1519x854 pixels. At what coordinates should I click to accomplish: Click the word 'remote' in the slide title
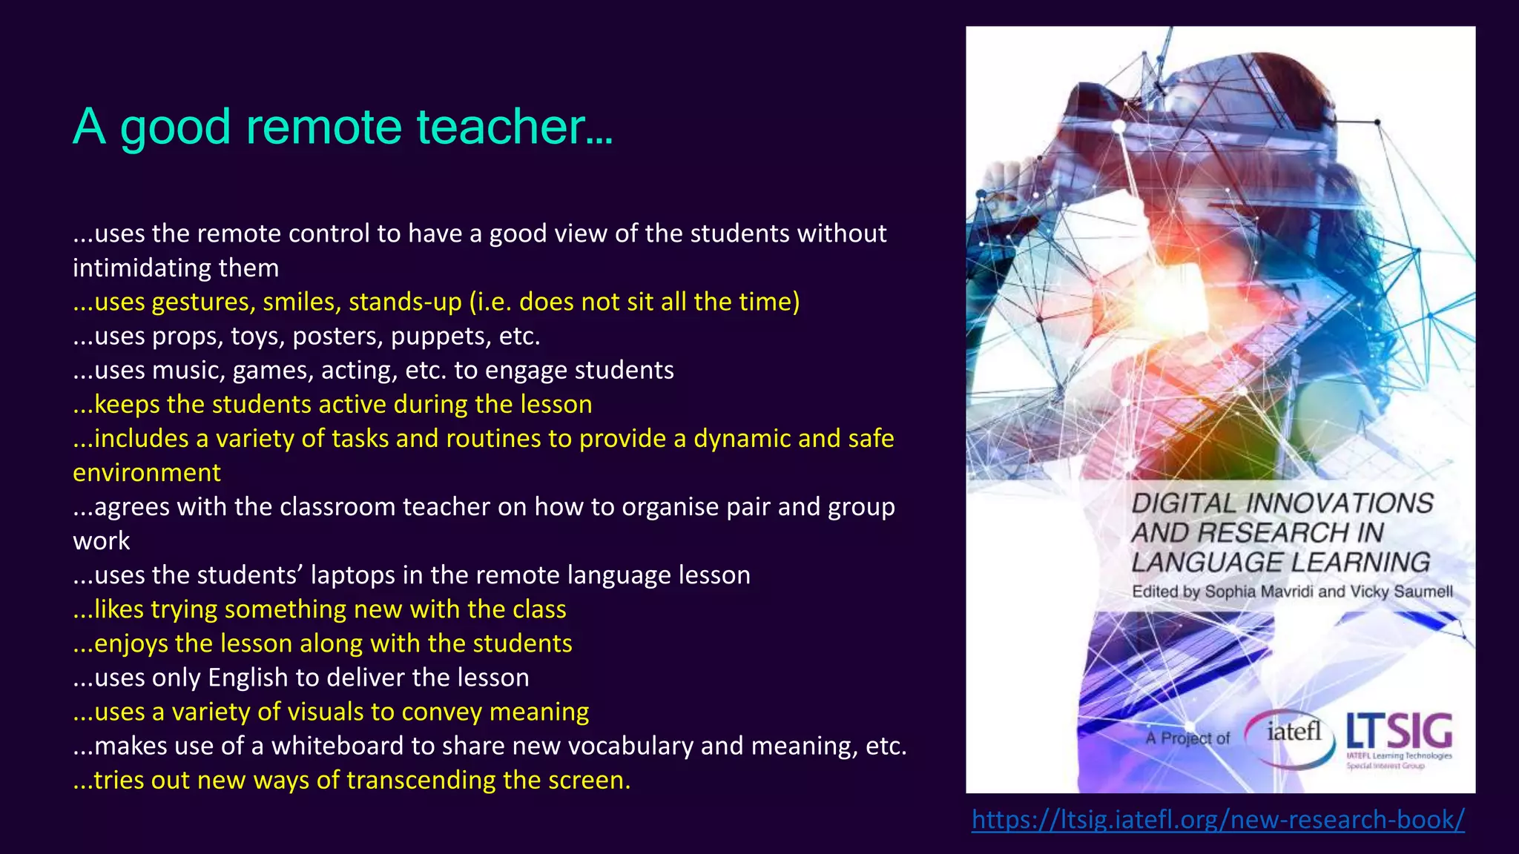pyautogui.click(x=323, y=126)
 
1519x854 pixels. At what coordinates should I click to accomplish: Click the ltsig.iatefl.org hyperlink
pyautogui.click(x=1218, y=819)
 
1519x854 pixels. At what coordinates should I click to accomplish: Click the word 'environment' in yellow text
pyautogui.click(x=147, y=473)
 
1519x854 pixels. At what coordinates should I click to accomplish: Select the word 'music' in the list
pyautogui.click(x=188, y=370)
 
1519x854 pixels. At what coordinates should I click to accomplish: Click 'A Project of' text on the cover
pyautogui.click(x=1187, y=738)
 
